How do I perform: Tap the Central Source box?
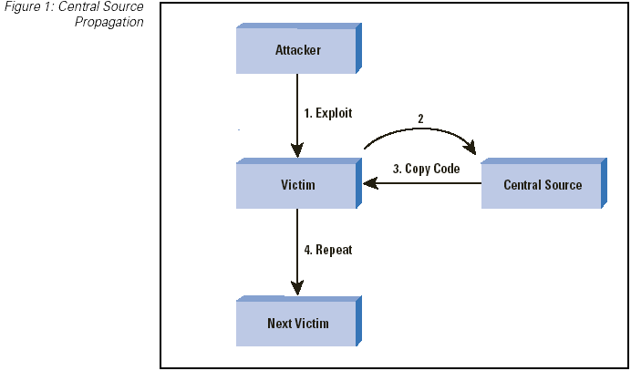[x=542, y=185]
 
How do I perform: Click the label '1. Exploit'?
[x=327, y=114]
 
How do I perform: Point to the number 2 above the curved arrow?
[x=420, y=119]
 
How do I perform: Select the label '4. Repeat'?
[x=326, y=250]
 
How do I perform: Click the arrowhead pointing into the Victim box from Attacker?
[x=297, y=151]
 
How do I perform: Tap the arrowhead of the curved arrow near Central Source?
[x=471, y=148]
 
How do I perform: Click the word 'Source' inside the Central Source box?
[x=564, y=185]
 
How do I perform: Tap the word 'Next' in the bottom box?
[x=280, y=323]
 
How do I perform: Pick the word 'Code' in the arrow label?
[x=445, y=170]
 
